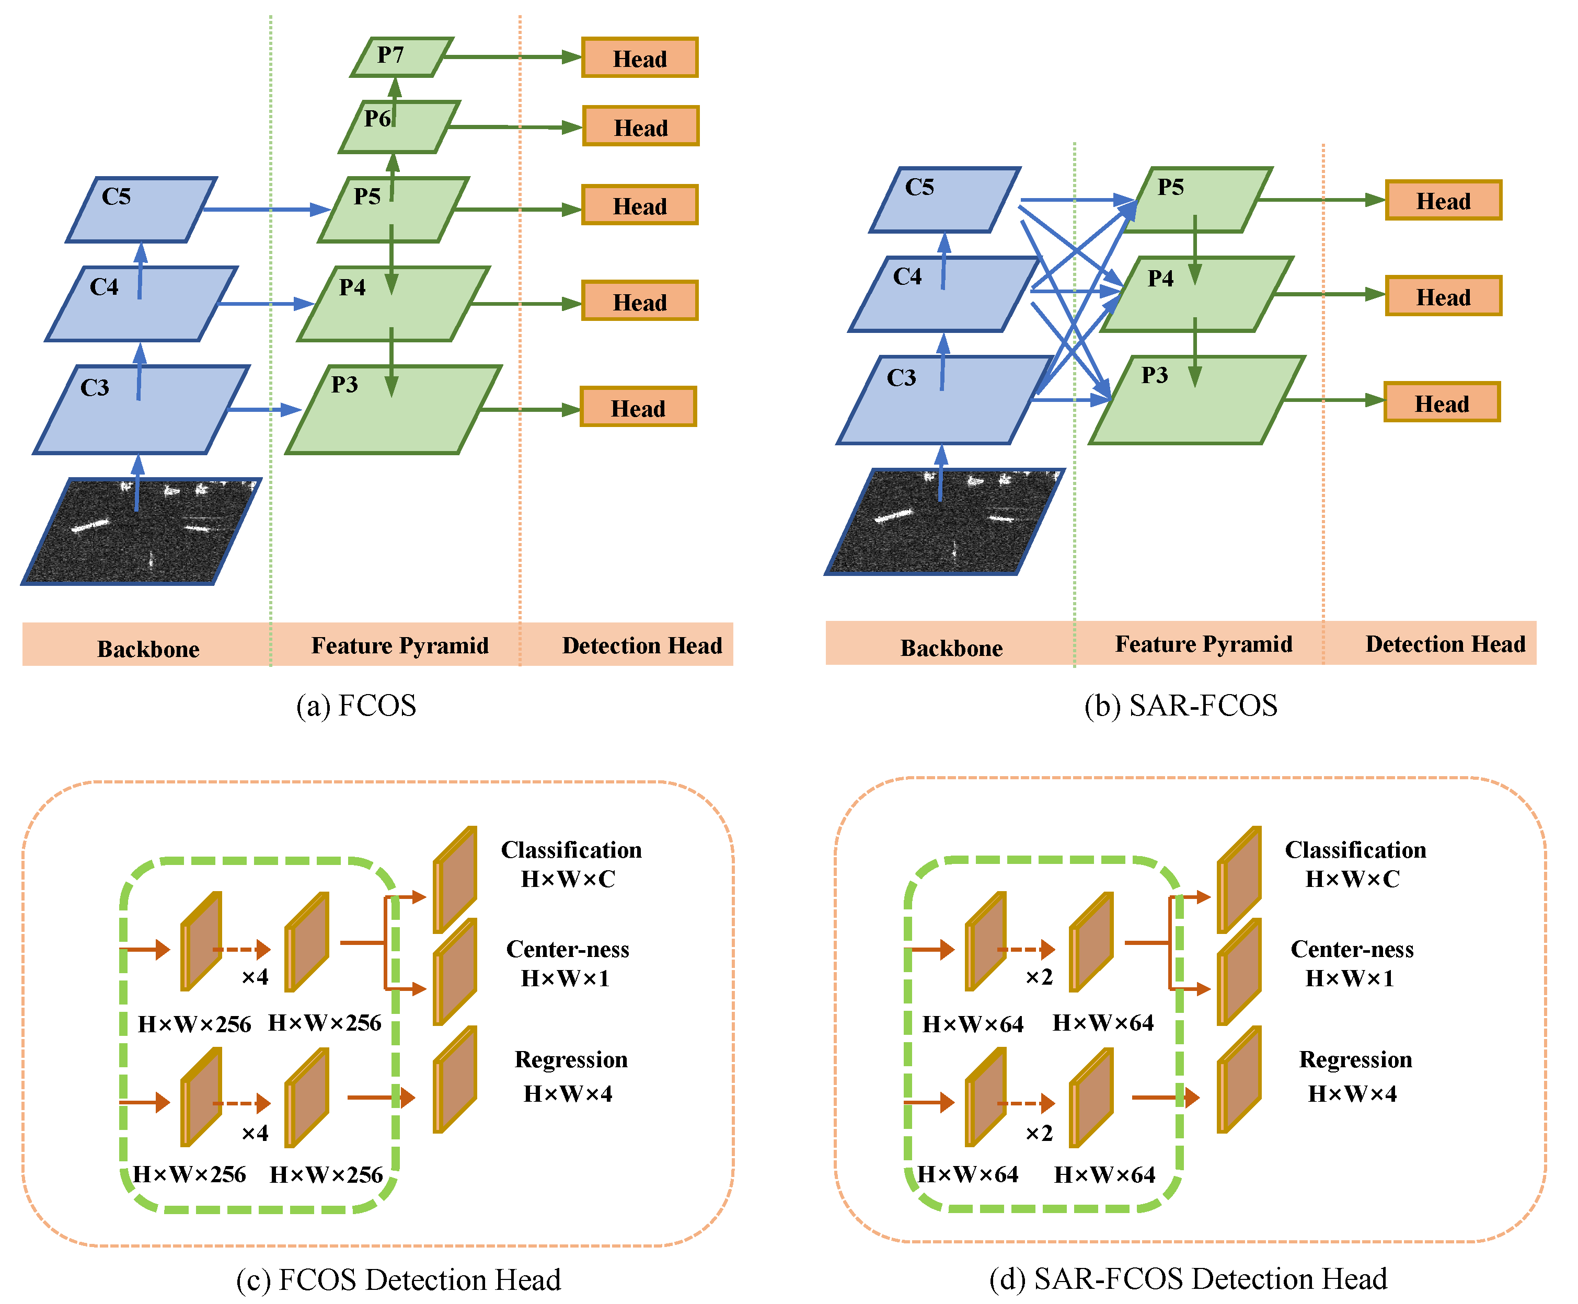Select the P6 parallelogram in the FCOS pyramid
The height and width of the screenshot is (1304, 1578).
[399, 127]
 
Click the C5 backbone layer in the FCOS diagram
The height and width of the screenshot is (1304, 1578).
[141, 210]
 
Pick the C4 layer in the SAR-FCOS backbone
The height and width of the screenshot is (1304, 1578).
[944, 294]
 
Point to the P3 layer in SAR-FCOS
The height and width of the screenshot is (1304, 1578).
[1196, 400]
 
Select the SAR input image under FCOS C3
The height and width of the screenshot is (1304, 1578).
[141, 531]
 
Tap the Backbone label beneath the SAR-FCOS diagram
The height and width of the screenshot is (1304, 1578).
[951, 648]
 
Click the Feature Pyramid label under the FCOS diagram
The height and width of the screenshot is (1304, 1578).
[399, 645]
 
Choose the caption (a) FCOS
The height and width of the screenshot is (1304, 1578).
[356, 706]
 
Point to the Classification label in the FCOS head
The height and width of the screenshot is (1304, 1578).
[571, 849]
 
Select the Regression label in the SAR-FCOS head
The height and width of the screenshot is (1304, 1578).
[1356, 1059]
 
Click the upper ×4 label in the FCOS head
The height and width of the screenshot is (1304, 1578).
[255, 976]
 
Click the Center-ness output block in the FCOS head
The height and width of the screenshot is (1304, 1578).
[454, 971]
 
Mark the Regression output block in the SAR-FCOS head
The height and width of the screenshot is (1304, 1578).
[1239, 1079]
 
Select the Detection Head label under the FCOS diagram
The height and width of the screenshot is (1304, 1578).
[642, 645]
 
